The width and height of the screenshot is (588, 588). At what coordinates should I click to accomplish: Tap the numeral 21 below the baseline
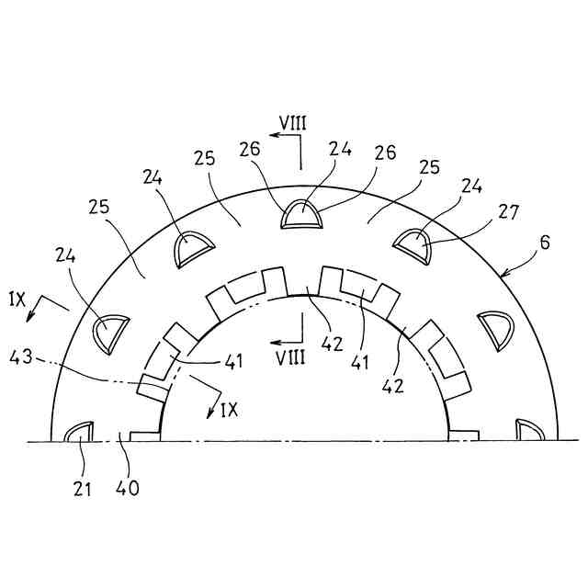(83, 489)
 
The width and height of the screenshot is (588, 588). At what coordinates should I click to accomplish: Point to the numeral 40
(129, 489)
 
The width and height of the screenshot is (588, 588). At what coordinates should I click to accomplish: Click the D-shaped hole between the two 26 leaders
(300, 214)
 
